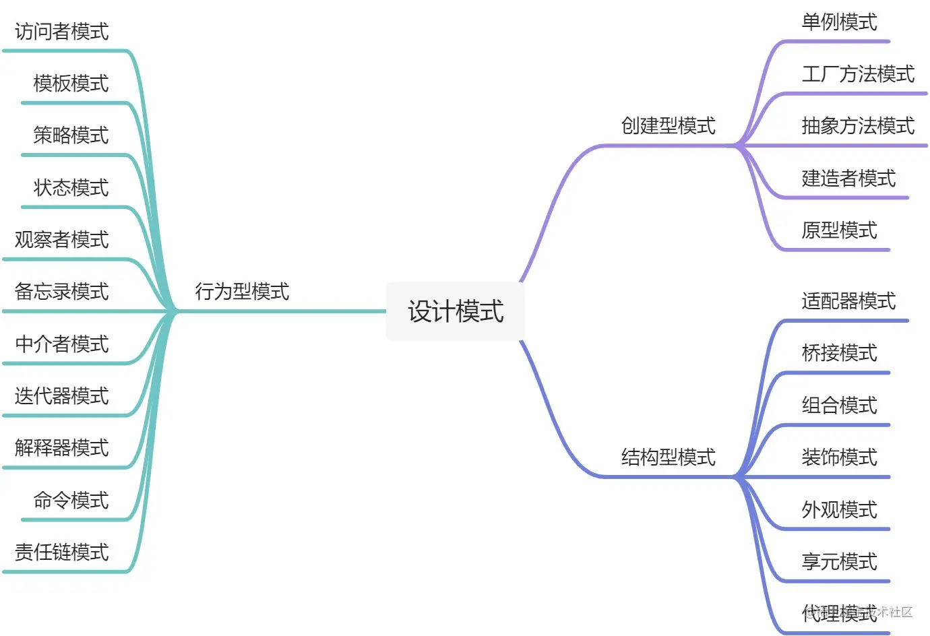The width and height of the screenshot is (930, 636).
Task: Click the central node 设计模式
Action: (456, 311)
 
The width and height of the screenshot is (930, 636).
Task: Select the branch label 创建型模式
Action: (668, 126)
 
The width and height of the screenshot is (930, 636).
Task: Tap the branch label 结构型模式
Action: (668, 457)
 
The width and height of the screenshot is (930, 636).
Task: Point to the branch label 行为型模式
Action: (242, 292)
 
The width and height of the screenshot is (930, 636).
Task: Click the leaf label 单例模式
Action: (839, 22)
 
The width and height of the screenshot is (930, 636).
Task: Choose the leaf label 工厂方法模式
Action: (858, 74)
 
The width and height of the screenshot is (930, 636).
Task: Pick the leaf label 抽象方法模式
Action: (858, 126)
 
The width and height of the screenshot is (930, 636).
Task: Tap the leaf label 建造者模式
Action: (848, 179)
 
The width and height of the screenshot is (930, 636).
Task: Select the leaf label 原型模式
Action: (839, 230)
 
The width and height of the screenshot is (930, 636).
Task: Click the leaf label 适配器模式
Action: (848, 301)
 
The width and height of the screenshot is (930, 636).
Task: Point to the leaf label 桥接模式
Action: (839, 353)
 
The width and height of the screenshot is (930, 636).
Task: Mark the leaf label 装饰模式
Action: (839, 457)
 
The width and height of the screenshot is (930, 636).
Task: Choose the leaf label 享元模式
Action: (839, 562)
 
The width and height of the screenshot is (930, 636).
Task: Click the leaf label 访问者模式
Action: (61, 32)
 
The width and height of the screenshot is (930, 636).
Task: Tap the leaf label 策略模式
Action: (71, 135)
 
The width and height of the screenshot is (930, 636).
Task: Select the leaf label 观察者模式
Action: (61, 240)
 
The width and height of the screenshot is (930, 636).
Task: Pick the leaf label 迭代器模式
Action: (61, 396)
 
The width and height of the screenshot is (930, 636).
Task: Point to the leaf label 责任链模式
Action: (61, 552)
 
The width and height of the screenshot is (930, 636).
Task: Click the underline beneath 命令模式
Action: (74, 520)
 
